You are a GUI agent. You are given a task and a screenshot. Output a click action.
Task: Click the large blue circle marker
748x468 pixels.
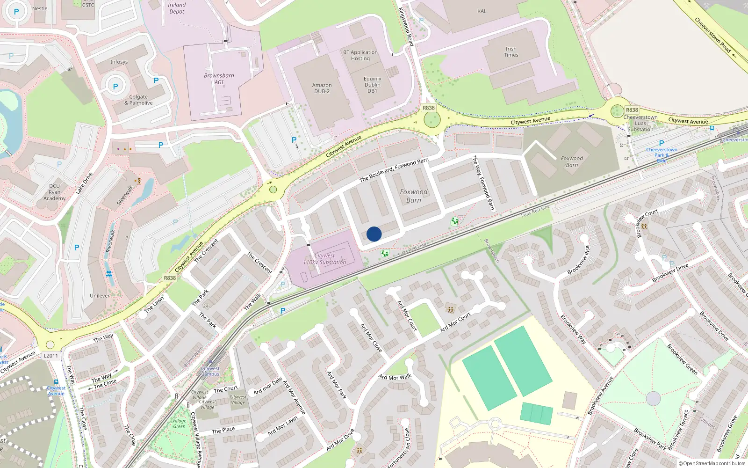(374, 234)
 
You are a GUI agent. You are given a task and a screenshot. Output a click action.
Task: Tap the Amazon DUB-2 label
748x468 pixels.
(322, 88)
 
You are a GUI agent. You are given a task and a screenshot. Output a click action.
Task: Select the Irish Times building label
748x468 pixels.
(511, 52)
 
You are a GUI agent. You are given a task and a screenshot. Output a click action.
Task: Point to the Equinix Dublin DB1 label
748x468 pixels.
(372, 85)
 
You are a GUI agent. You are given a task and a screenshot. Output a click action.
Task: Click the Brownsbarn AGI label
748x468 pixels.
(219, 79)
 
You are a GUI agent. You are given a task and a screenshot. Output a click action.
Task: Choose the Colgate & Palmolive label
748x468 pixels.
(138, 100)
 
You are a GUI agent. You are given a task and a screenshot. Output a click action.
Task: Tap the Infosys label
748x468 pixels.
(119, 62)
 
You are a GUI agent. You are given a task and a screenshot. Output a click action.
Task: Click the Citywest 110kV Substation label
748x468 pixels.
(324, 259)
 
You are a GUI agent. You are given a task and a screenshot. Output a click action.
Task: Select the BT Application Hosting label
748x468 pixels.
(360, 55)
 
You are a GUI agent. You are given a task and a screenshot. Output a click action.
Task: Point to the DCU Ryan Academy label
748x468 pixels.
(55, 192)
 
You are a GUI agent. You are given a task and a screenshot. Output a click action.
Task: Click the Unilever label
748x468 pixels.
(100, 296)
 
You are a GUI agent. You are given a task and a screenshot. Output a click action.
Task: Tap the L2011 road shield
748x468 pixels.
(51, 356)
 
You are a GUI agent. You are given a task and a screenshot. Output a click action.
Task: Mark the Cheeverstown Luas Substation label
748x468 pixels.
(640, 123)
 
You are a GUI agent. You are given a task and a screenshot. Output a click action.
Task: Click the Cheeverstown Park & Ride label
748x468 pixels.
(662, 155)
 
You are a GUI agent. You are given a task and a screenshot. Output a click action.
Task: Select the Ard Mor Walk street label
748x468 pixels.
(395, 377)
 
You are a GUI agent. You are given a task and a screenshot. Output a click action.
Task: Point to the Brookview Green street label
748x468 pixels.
(682, 359)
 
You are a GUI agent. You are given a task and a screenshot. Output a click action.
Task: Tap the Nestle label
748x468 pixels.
(40, 8)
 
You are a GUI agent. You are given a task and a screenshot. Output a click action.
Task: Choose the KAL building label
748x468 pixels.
(482, 11)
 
